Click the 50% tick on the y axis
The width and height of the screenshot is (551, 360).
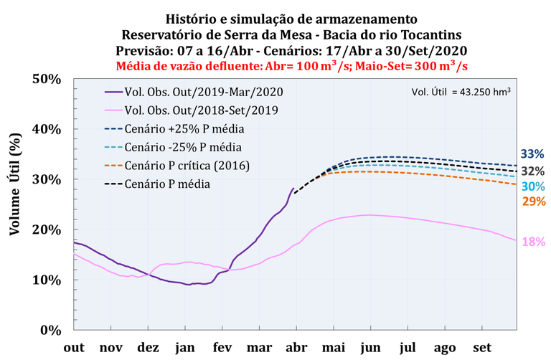(47, 79)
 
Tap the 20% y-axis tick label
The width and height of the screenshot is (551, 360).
(47, 229)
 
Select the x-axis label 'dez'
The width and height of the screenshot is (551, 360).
(148, 347)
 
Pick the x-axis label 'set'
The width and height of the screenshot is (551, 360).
(481, 347)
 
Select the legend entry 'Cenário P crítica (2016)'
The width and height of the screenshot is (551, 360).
(191, 166)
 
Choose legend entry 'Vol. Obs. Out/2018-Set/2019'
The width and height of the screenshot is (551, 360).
(201, 110)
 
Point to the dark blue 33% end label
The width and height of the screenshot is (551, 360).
(532, 154)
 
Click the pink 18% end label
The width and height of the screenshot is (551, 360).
(532, 242)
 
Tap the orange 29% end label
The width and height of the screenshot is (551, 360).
(532, 202)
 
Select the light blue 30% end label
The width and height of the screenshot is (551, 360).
(532, 186)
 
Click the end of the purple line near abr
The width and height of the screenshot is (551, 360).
(293, 189)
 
